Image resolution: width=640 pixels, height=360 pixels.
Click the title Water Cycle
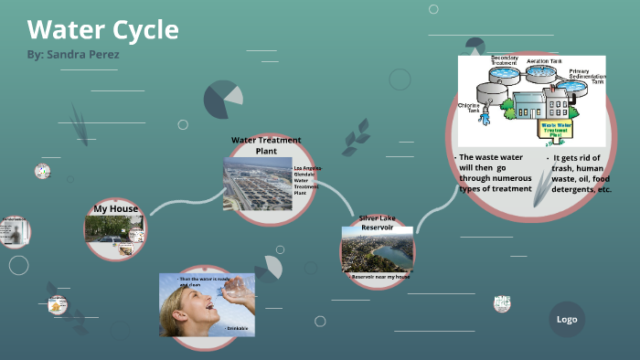point(102,29)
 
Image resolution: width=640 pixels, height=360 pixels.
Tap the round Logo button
point(566,319)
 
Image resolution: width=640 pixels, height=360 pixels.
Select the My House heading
point(116,209)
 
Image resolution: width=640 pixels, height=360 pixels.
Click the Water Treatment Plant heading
point(266,145)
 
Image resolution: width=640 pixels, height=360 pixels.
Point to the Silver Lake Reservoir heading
point(377,222)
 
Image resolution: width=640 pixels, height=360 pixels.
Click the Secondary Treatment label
point(505,60)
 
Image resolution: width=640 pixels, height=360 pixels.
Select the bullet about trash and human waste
point(579,173)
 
